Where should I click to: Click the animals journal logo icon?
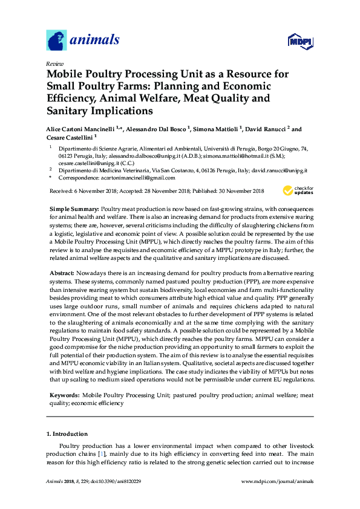(56, 41)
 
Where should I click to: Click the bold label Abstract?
(61, 274)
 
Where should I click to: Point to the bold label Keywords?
(64, 395)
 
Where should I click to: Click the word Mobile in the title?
(67, 74)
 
